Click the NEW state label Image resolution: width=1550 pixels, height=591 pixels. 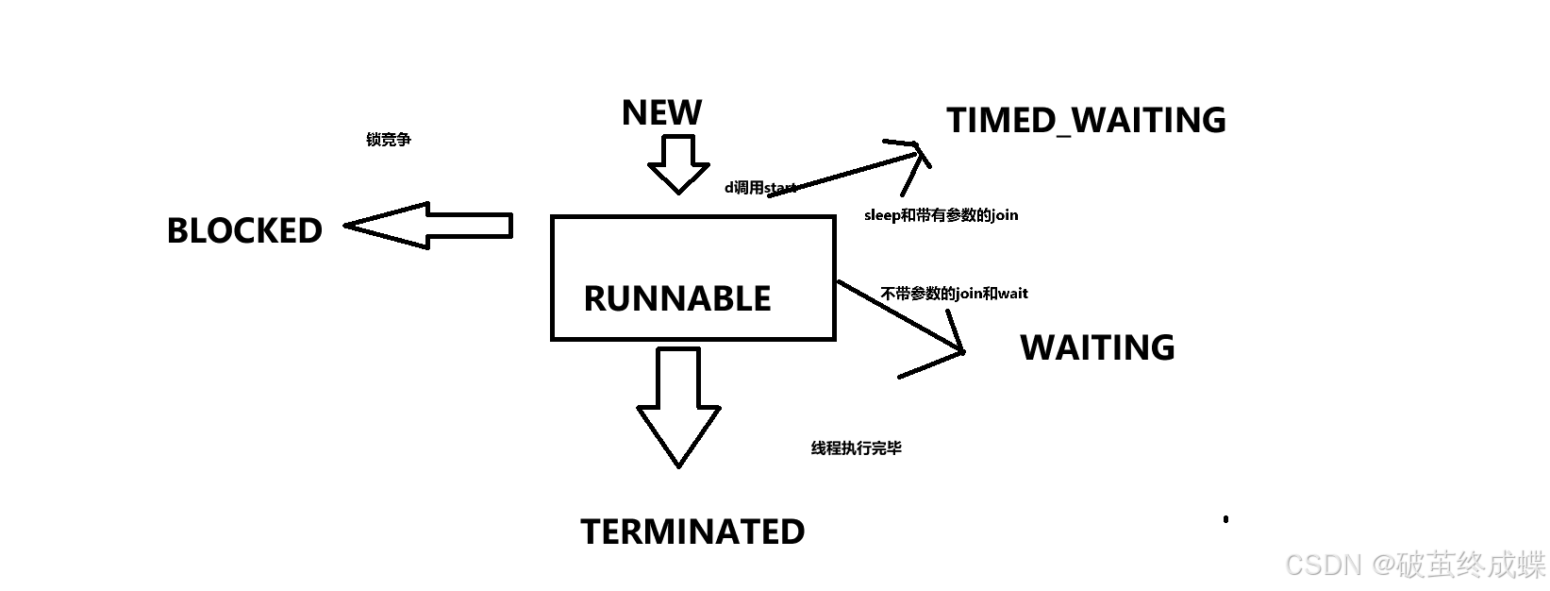pyautogui.click(x=661, y=113)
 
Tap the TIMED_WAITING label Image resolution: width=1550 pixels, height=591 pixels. pyautogui.click(x=1086, y=121)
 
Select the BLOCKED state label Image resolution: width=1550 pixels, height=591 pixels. pyautogui.click(x=244, y=230)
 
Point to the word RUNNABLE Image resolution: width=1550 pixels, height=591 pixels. pyautogui.click(x=677, y=299)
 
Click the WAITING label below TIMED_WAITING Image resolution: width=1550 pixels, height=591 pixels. pyautogui.click(x=1097, y=347)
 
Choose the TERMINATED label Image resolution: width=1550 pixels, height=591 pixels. pyautogui.click(x=692, y=532)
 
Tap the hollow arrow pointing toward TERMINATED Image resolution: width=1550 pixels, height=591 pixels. pyautogui.click(x=678, y=406)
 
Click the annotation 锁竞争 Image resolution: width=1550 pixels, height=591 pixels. pyautogui.click(x=389, y=140)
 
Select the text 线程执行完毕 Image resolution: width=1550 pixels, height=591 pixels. pyautogui.click(x=856, y=448)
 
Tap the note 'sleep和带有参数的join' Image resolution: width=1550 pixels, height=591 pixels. pyautogui.click(x=941, y=215)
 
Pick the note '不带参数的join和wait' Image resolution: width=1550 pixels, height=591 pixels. pyautogui.click(x=954, y=294)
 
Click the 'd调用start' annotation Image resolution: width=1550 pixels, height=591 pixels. pyautogui.click(x=760, y=188)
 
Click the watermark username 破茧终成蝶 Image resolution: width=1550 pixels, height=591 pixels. pyautogui.click(x=1472, y=565)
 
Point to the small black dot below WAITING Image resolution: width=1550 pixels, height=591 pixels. pyautogui.click(x=1225, y=518)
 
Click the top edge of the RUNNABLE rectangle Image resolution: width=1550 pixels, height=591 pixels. pyautogui.click(x=692, y=217)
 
